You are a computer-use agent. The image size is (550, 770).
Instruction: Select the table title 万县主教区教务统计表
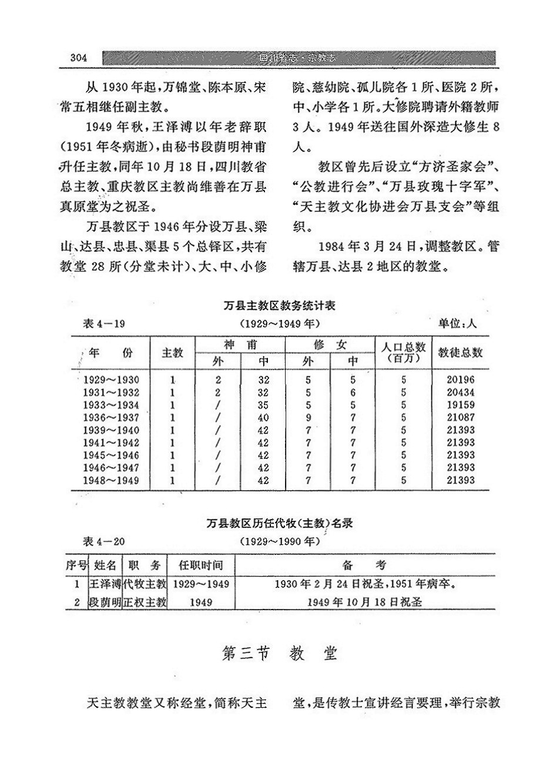[280, 306]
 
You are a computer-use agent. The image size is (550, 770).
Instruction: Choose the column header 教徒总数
[461, 353]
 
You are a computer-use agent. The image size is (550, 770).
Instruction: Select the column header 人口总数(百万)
[404, 353]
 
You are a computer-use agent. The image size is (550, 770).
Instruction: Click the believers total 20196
[460, 380]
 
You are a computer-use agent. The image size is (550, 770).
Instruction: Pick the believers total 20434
[460, 393]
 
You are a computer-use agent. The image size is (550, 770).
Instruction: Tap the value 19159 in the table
[460, 405]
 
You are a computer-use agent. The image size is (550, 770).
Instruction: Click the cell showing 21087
[460, 418]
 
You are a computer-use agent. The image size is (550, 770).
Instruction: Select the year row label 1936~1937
[112, 418]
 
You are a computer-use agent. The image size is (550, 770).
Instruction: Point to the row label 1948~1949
[112, 481]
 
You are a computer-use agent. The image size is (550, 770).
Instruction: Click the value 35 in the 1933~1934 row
[263, 405]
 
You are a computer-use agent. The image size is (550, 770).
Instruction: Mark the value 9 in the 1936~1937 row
[308, 418]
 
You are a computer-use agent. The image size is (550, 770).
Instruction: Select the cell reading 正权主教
[145, 602]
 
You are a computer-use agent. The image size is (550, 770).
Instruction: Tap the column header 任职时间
[200, 565]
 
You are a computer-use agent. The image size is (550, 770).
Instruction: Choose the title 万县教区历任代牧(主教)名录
[280, 523]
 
